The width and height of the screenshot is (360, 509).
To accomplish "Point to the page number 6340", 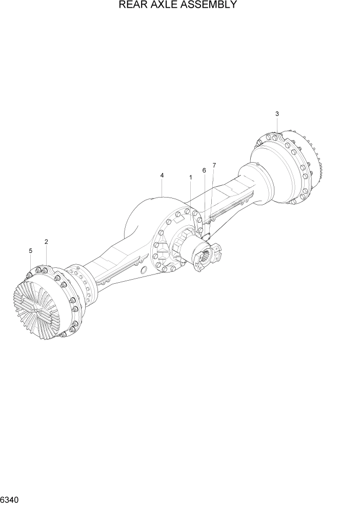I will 10,499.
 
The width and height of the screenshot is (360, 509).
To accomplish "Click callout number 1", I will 191,178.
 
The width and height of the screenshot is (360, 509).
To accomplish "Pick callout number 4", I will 162,175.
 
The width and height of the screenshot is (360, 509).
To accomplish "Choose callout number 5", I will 30,251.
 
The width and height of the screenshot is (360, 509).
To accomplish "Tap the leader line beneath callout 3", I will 277,126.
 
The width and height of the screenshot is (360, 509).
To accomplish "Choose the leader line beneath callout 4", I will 162,188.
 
